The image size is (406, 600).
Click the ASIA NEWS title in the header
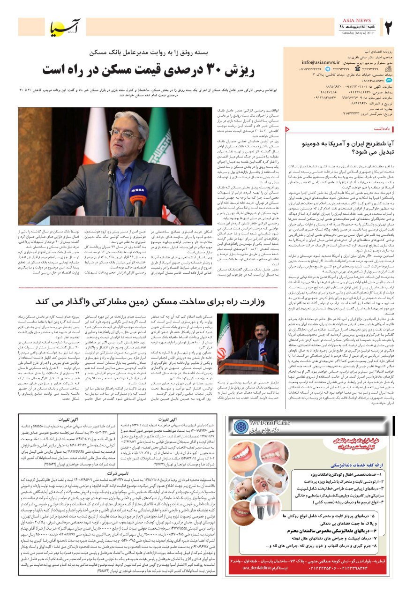point(357,21)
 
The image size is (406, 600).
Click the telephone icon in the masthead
point(387,68)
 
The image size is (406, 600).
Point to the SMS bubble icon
point(387,80)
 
